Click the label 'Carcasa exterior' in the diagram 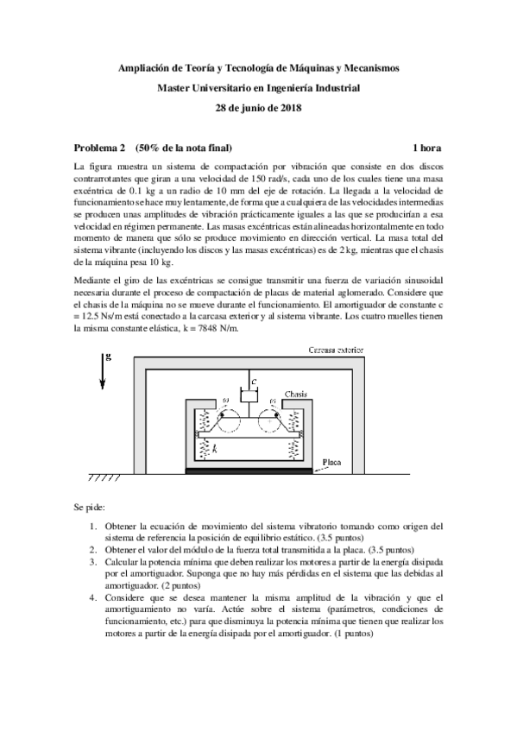tap(337, 350)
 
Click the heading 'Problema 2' tap(100, 148)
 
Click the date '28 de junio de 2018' tap(258, 107)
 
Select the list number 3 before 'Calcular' tap(93, 561)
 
